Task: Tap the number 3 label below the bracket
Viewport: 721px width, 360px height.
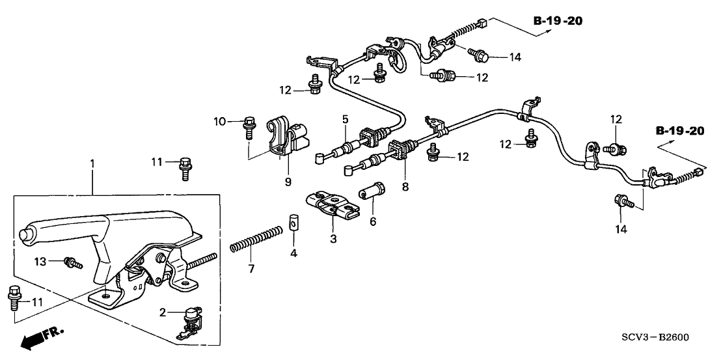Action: click(333, 240)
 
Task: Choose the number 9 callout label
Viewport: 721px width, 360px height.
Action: click(288, 182)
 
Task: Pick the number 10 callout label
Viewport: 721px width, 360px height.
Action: click(220, 121)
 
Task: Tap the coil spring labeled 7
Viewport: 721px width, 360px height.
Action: click(257, 238)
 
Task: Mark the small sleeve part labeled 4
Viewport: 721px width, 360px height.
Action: click(293, 222)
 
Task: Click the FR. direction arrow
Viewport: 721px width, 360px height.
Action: click(40, 338)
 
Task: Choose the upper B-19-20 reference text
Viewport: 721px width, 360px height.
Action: click(558, 21)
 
